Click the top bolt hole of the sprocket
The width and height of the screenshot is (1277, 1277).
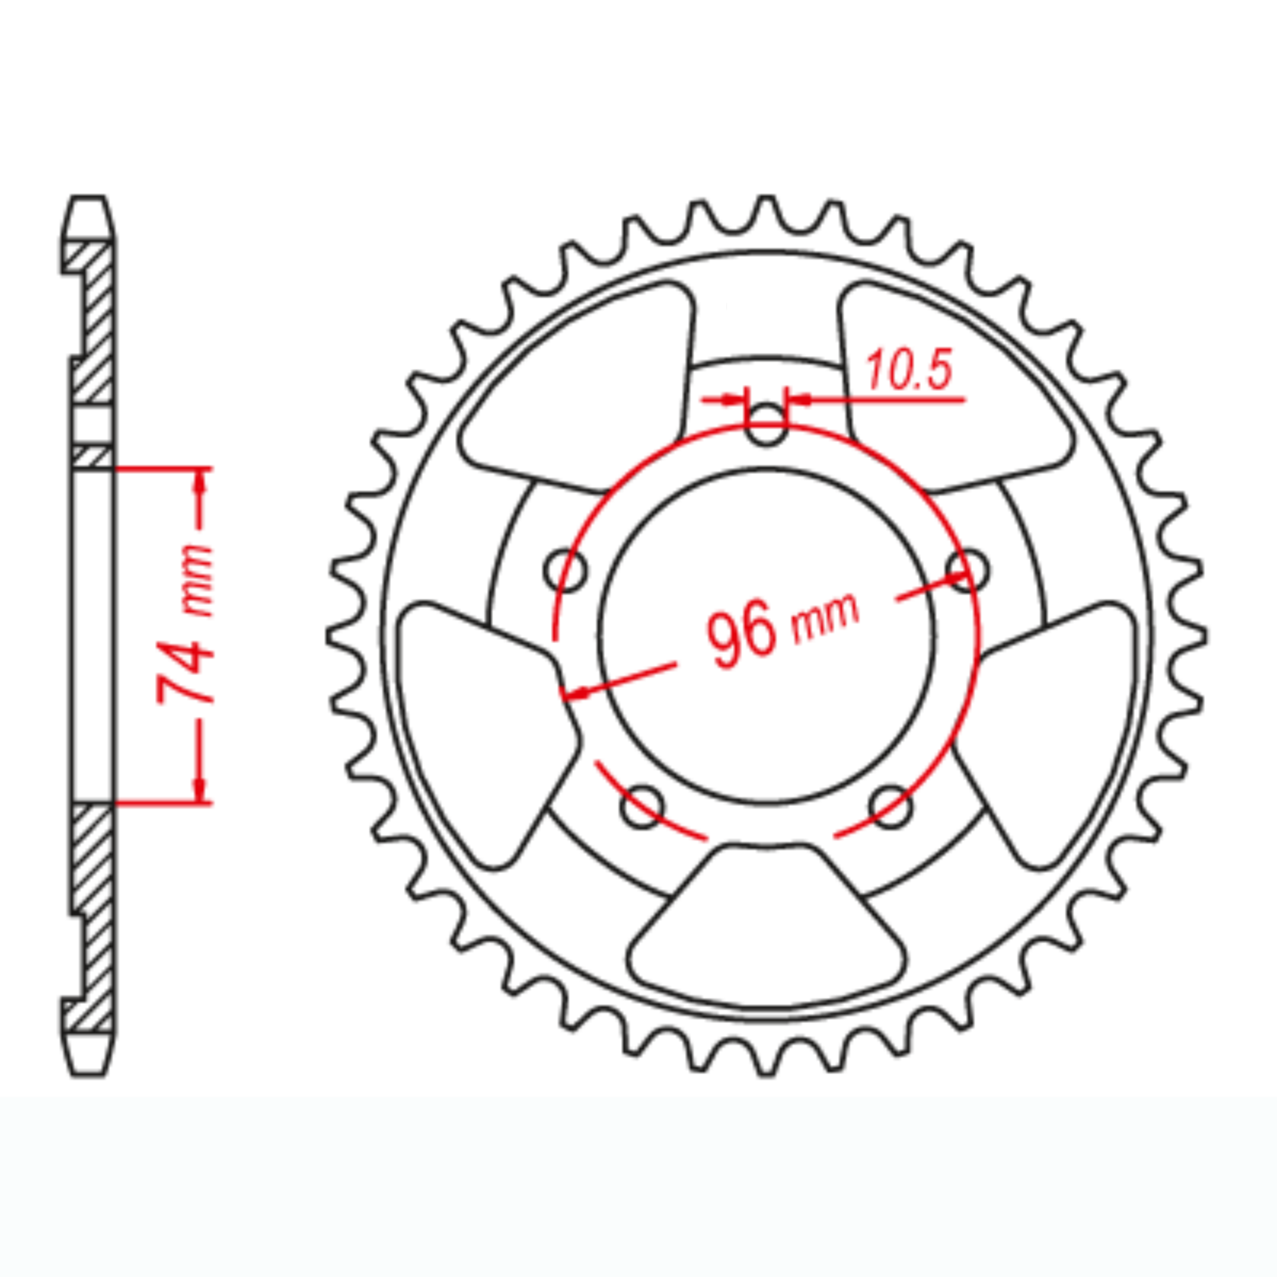coord(766,424)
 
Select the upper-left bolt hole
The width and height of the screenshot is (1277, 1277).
coord(566,570)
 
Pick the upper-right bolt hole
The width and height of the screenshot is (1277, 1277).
coord(967,570)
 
